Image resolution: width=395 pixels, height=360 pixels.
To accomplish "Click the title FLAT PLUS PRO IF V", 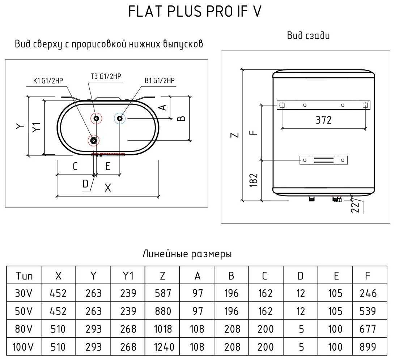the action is (195, 11).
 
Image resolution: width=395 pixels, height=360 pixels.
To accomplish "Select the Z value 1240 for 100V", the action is (164, 347).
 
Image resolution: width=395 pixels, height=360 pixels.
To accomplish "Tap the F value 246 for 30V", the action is (368, 293).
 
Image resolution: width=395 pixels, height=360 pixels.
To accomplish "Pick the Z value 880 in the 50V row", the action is (163, 311).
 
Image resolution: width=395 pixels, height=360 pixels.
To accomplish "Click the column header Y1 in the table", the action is (128, 276).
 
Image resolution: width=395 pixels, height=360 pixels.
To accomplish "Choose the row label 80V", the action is (24, 329).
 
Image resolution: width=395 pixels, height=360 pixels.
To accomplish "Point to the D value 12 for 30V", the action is (300, 293).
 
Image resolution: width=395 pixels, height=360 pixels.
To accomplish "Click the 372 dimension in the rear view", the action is (323, 120).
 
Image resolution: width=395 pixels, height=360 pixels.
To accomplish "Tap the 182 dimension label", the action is (254, 180).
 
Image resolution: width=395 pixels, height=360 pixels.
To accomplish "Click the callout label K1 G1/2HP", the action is (48, 81).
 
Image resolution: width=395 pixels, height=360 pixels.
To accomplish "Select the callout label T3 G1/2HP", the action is (106, 76).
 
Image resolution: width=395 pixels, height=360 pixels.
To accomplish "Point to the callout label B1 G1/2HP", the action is (160, 81).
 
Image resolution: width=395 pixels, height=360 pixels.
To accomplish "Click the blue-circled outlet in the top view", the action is (120, 118).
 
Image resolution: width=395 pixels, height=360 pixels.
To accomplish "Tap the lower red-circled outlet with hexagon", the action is (93, 140).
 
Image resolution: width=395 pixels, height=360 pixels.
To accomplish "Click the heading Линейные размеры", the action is (187, 254).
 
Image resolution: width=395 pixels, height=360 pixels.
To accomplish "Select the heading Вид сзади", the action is (308, 35).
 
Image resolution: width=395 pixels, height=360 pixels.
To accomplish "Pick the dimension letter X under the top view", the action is (108, 188).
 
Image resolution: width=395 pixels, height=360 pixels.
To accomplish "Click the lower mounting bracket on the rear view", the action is (323, 160).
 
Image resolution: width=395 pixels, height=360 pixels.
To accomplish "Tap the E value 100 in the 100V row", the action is (335, 347).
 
